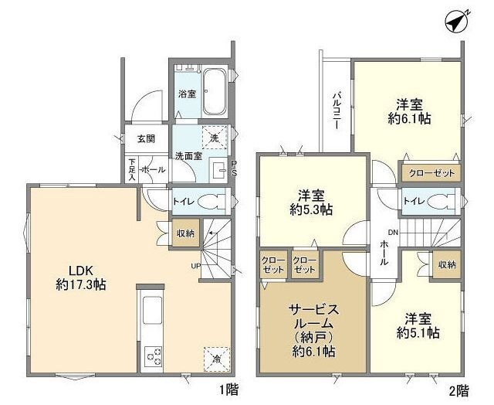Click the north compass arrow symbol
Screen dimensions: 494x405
point(457,22)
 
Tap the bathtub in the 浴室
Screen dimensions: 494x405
point(215,92)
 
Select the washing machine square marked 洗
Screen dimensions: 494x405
point(215,138)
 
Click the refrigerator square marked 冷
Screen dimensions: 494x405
point(216,359)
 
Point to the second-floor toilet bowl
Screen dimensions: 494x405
point(442,201)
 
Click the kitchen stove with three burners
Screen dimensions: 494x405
point(154,356)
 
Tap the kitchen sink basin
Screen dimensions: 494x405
point(153,310)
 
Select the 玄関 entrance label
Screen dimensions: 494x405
point(146,138)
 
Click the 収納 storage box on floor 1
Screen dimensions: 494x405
point(185,233)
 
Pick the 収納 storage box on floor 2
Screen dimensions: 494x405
point(447,264)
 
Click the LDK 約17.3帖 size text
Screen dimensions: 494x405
point(80,277)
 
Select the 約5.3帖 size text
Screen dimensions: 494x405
point(311,209)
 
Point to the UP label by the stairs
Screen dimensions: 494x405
point(195,266)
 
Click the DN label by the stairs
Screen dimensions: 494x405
point(393,233)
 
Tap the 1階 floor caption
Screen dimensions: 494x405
point(229,390)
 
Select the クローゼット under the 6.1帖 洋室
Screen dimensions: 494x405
point(431,173)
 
